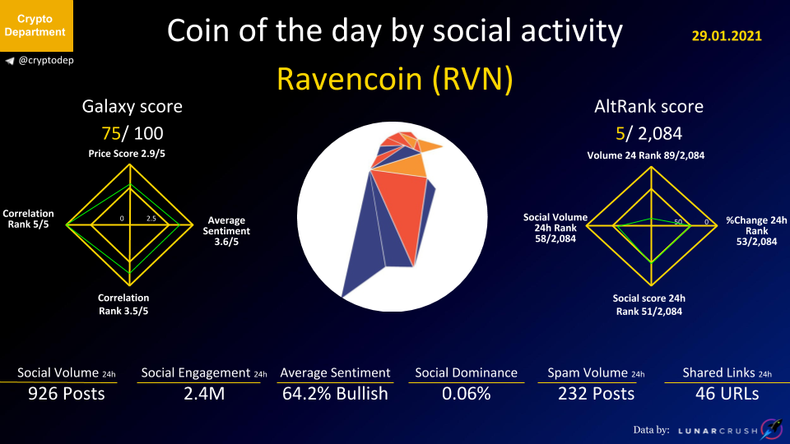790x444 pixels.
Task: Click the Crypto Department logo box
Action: [36, 25]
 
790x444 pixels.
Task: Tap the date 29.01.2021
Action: [727, 35]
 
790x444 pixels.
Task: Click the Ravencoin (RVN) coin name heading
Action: [394, 79]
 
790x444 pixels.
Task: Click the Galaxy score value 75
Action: [111, 133]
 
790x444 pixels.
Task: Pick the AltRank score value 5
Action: [620, 133]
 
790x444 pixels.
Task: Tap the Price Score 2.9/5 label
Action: [127, 154]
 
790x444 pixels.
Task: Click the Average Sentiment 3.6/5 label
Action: [226, 231]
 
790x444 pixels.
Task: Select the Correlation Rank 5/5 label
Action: [28, 219]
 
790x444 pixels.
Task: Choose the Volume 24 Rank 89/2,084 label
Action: [646, 155]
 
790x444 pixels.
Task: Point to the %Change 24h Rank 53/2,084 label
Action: [756, 231]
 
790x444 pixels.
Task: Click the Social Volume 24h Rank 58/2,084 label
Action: [555, 228]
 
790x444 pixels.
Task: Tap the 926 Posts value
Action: [67, 394]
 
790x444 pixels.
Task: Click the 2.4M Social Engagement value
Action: [204, 394]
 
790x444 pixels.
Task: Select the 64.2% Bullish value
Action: [335, 394]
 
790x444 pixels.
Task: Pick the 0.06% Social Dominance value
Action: [466, 394]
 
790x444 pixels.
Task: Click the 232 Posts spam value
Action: [596, 394]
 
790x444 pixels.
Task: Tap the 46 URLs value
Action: [727, 394]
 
